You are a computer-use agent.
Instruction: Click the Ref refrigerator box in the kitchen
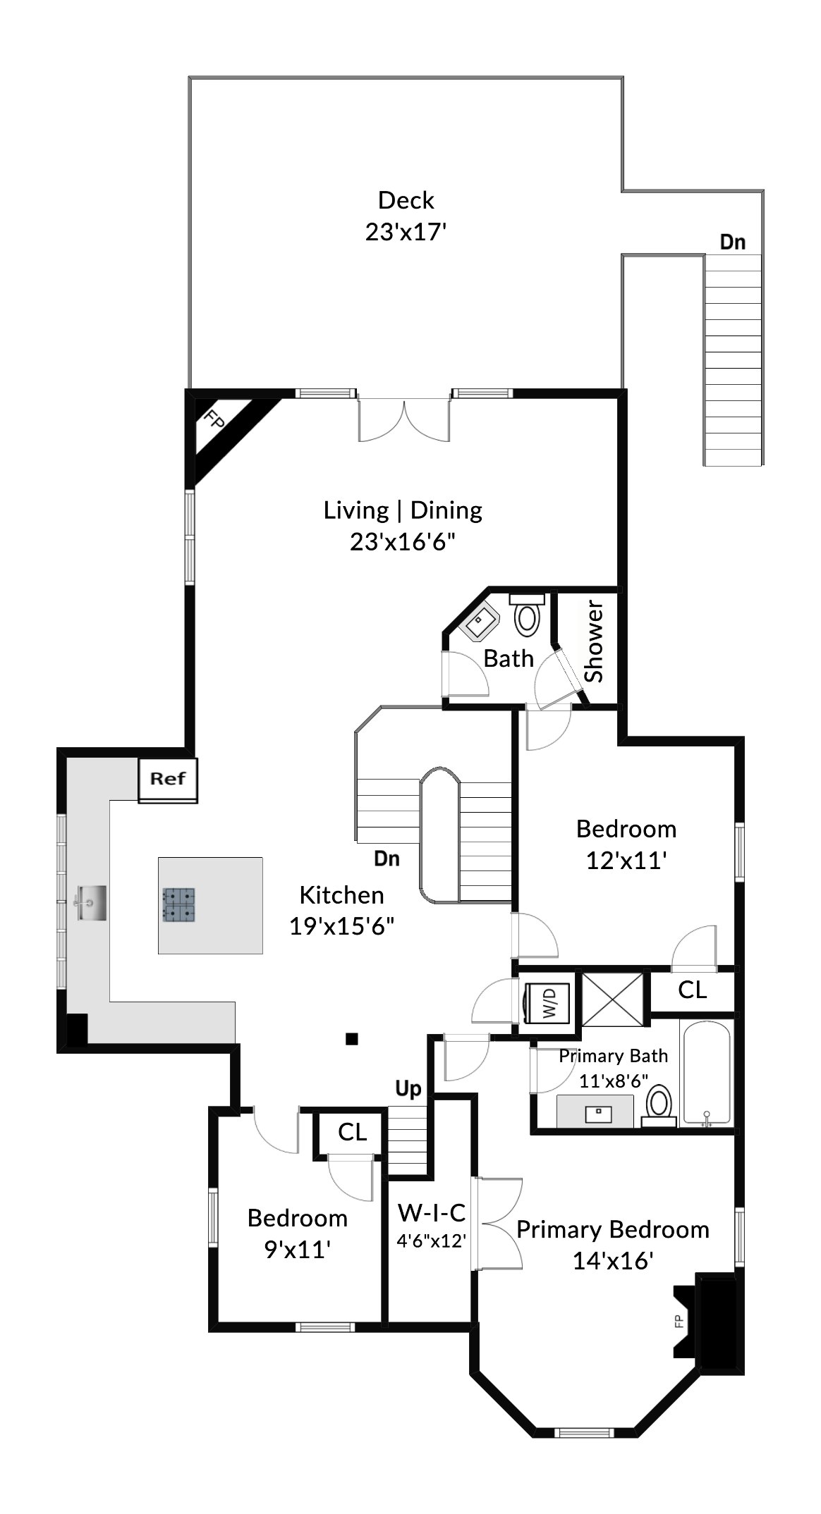pos(167,780)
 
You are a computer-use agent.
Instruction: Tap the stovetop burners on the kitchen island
pos(179,905)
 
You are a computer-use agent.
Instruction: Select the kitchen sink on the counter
pos(92,903)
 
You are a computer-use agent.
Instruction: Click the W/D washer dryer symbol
pos(549,1002)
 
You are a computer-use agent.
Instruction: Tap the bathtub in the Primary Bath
pos(707,1073)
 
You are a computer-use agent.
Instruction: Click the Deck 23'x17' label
pos(406,216)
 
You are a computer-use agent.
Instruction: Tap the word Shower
pos(595,641)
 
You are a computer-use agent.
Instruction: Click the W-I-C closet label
pos(432,1213)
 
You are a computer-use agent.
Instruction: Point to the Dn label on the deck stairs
pos(732,242)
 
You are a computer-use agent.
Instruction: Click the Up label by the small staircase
pos(408,1089)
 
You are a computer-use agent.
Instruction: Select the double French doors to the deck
pos(403,419)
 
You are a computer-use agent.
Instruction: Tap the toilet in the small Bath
pos(526,615)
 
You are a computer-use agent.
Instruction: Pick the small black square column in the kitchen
pos(352,1038)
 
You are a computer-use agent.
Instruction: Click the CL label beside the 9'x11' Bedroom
pos(352,1132)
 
